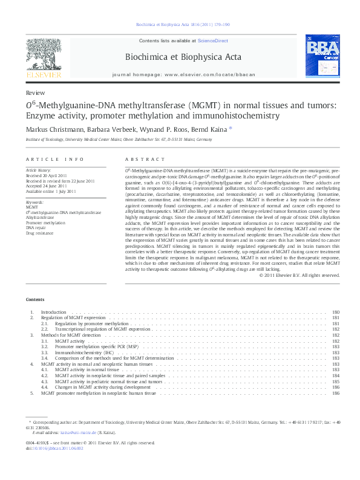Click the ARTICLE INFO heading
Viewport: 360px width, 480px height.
tap(54, 159)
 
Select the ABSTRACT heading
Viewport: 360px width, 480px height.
tap(136, 159)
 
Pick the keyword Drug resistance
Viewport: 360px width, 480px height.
tap(39, 232)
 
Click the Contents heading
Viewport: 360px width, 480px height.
tap(35, 300)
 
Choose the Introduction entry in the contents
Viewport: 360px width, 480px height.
tap(53, 313)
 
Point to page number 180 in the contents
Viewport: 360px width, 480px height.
tap(336, 313)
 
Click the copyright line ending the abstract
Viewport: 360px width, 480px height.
tap(299, 275)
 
